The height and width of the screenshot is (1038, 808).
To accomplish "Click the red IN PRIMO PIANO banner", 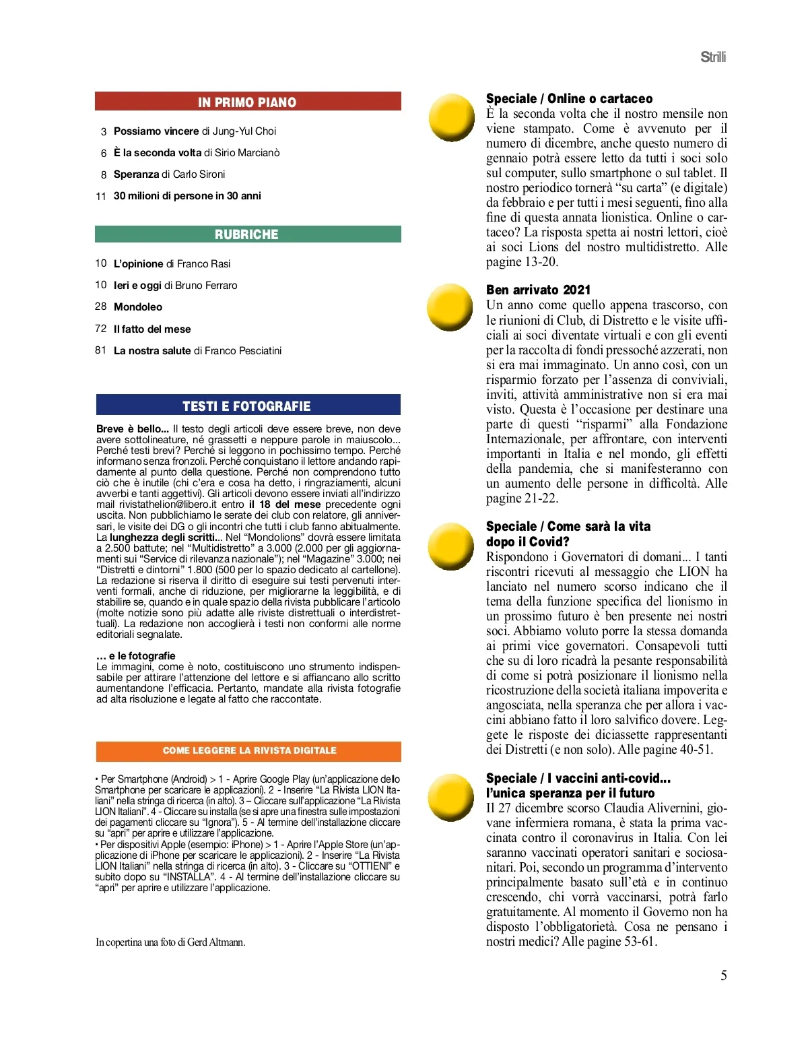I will (248, 102).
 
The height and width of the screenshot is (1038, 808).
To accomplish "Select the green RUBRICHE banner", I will (248, 234).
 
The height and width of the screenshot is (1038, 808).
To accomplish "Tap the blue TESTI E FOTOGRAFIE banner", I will (248, 406).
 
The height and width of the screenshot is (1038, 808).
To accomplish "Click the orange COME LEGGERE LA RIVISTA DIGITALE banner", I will (248, 750).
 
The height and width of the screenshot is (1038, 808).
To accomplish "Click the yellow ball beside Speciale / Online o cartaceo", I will (452, 117).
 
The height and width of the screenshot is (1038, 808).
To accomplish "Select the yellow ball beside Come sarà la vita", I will (451, 547).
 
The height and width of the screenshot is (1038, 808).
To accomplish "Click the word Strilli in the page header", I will (713, 57).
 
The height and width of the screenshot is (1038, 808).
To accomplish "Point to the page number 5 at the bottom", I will (724, 975).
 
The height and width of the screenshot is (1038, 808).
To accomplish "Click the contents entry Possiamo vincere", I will (156, 131).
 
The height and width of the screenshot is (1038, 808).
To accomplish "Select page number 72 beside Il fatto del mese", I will (101, 329).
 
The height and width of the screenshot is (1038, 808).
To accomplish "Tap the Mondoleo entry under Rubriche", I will (138, 307).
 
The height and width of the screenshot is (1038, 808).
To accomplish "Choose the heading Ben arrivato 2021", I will (538, 290).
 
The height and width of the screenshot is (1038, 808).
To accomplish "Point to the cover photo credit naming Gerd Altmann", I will (170, 942).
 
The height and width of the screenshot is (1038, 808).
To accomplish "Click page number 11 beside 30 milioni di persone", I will (101, 196).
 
